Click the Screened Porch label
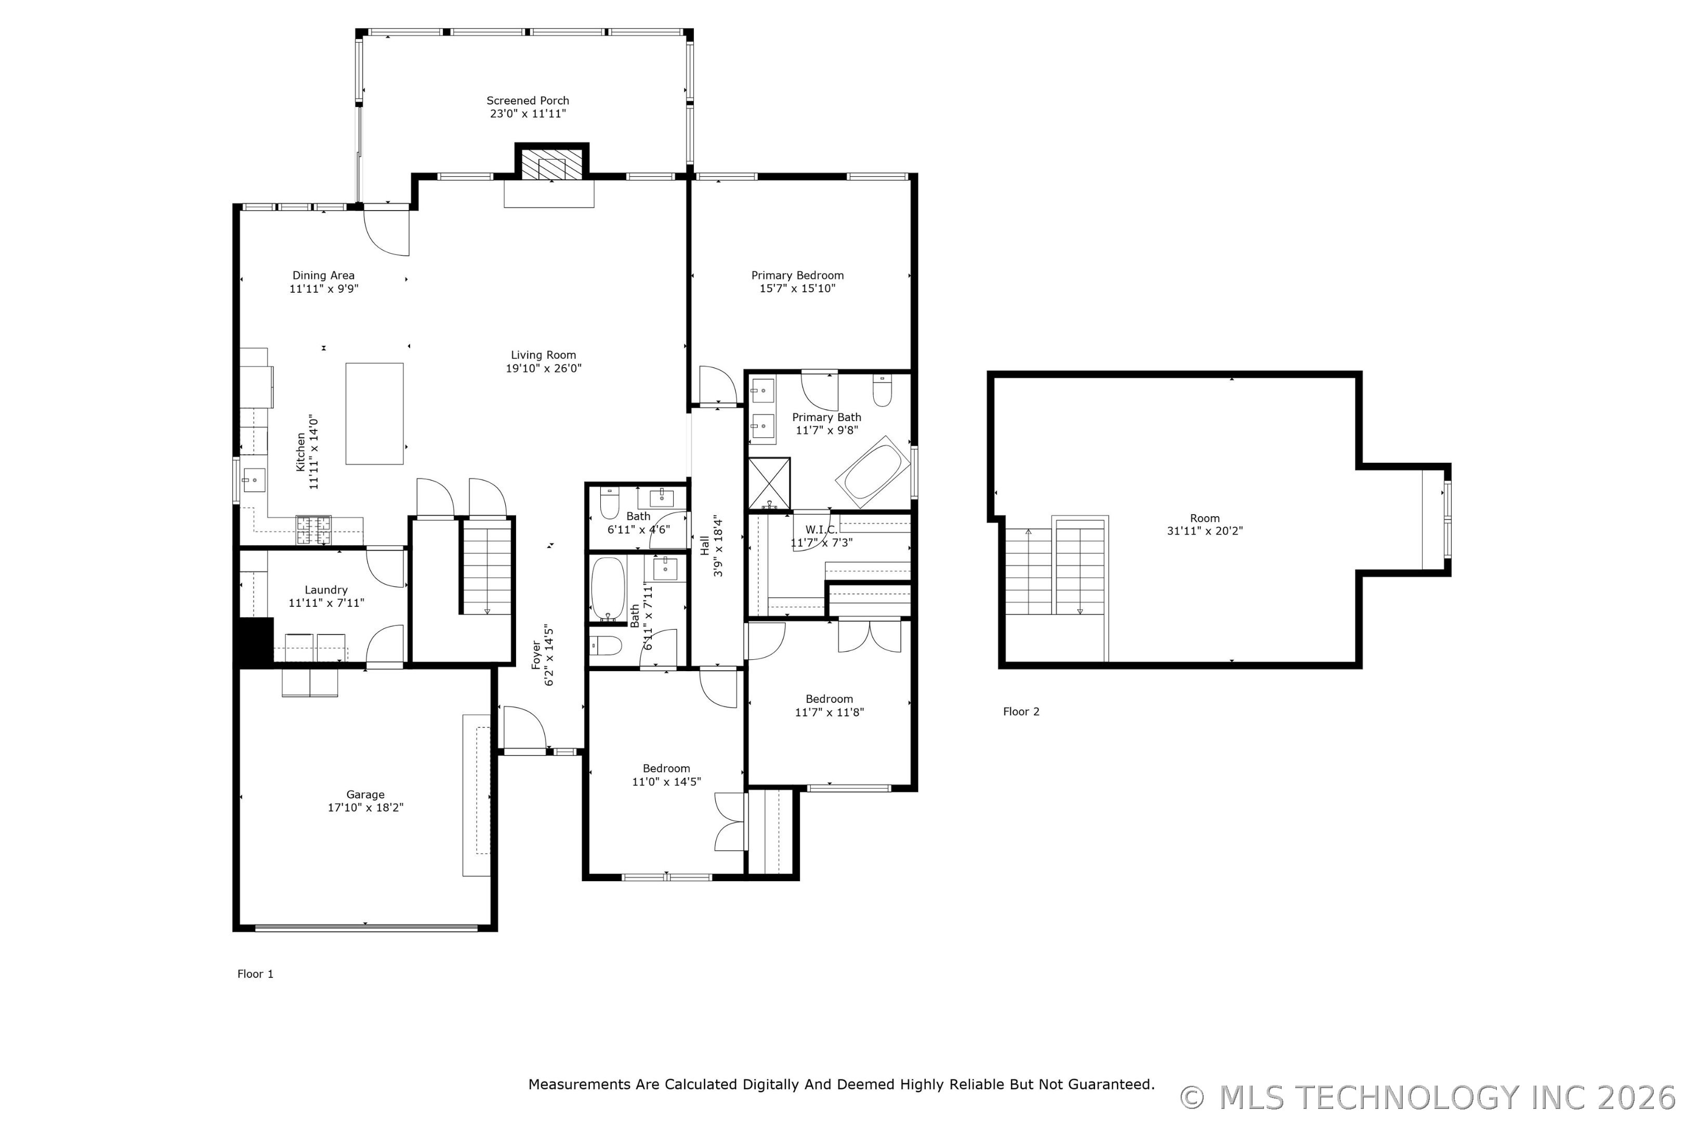528,101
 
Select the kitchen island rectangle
374,414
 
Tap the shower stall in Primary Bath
769,484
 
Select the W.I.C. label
821,530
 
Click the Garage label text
365,795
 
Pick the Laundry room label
326,590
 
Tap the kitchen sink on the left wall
254,480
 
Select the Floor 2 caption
1021,711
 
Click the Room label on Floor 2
1205,518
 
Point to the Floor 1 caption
256,974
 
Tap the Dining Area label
324,276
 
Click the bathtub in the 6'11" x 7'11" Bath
608,589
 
